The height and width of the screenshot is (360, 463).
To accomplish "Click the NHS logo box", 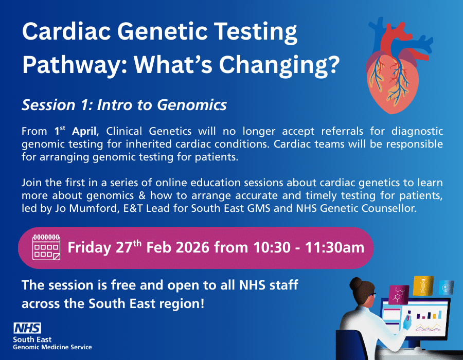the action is [27, 328].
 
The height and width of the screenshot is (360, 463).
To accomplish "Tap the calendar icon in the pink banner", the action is [46, 247].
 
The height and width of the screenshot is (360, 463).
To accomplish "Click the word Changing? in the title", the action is [279, 65].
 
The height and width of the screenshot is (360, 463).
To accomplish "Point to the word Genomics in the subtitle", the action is [192, 105].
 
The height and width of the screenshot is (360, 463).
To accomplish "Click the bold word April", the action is [84, 131].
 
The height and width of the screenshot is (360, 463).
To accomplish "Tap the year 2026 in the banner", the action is [192, 247].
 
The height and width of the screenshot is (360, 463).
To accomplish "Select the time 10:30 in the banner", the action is [272, 247].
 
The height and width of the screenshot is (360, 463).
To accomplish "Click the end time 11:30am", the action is [334, 247].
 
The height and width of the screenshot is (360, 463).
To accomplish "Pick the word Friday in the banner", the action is [90, 248].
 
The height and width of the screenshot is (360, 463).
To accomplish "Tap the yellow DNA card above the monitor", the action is [423, 285].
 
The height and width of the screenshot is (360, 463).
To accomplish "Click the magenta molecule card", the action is [399, 295].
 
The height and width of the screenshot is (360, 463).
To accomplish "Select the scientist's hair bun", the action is [356, 284].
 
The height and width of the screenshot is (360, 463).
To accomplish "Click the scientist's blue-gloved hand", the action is [407, 323].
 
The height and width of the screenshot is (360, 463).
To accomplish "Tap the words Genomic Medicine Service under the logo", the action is [52, 347].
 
